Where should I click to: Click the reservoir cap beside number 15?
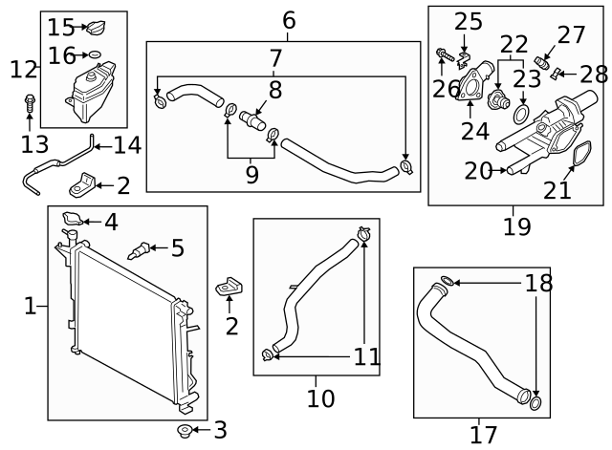click(x=96, y=28)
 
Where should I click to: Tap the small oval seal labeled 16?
click(x=95, y=54)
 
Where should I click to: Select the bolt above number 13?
click(x=30, y=102)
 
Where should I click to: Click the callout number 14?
click(x=127, y=145)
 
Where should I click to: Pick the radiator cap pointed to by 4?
click(x=73, y=218)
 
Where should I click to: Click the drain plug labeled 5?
click(x=139, y=250)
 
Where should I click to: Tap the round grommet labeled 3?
click(x=184, y=431)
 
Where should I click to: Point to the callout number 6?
click(x=289, y=20)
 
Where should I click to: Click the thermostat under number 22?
click(x=498, y=99)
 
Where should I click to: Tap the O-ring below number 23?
click(x=521, y=115)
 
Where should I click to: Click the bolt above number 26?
click(x=445, y=55)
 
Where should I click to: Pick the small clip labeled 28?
click(x=556, y=74)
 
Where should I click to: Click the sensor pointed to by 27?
click(x=542, y=62)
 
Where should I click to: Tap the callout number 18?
click(x=538, y=283)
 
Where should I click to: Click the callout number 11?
click(x=367, y=356)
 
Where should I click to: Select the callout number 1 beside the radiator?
click(x=30, y=306)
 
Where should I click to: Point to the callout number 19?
click(x=517, y=226)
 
